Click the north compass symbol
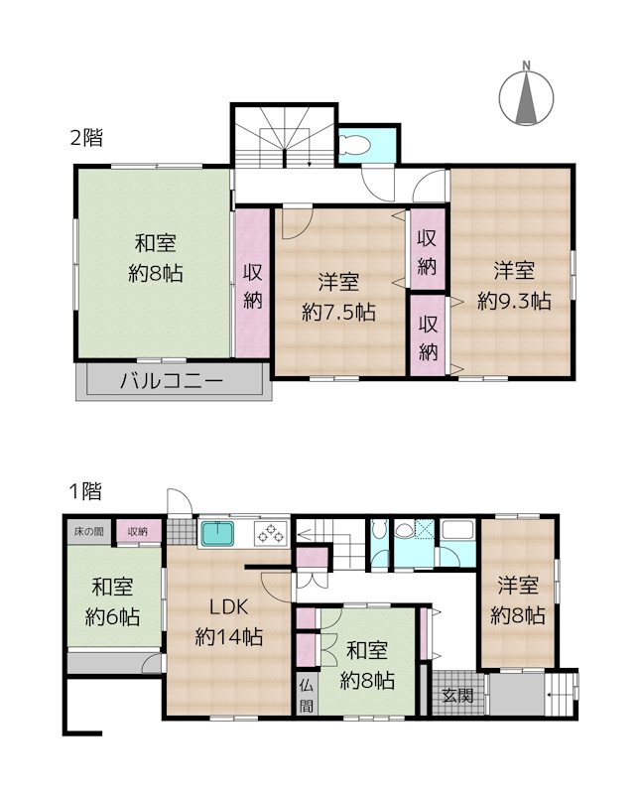(526, 96)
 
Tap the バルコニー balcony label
(171, 380)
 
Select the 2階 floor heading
(86, 138)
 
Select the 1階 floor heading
(85, 490)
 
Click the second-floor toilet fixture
(354, 144)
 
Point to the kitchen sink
(217, 534)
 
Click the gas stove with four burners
(271, 534)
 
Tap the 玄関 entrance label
(457, 696)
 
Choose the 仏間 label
(306, 697)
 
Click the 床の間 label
(88, 531)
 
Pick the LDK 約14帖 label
(229, 621)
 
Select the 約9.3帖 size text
(514, 302)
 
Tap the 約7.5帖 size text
(338, 312)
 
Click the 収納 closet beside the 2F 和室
(252, 284)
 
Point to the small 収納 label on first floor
(138, 532)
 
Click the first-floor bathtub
(457, 530)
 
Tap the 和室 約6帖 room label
(112, 602)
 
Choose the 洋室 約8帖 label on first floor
(518, 600)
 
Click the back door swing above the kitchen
(180, 501)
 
